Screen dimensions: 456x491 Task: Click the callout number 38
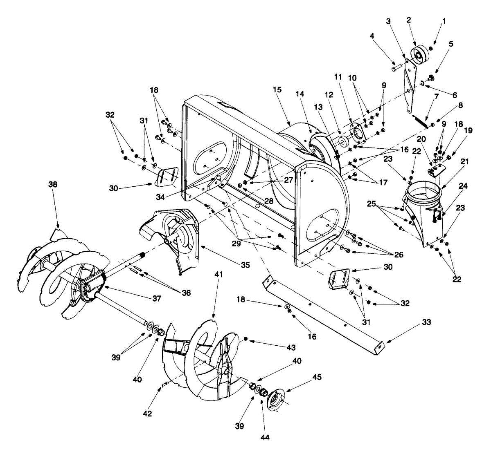[52, 184]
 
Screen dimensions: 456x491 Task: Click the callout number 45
[317, 377]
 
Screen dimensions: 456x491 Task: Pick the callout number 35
[245, 265]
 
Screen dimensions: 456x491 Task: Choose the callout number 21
[464, 162]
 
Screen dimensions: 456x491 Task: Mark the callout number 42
[147, 414]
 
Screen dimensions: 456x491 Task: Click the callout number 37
[157, 299]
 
